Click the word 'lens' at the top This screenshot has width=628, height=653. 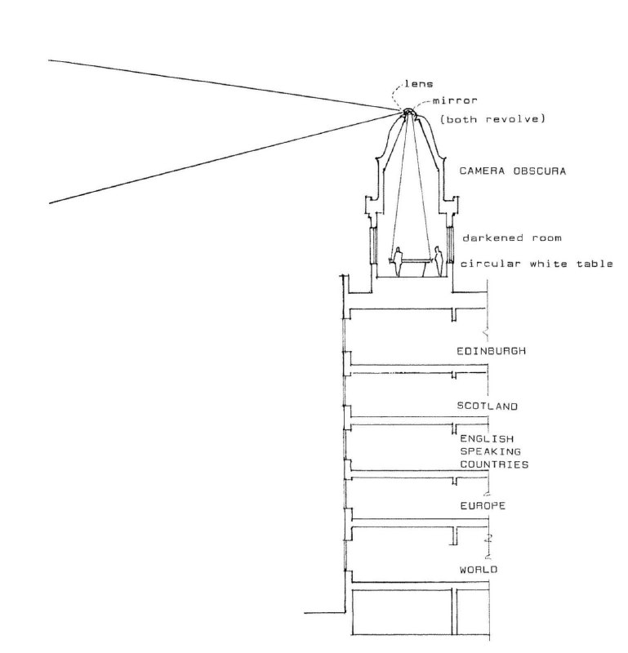[x=418, y=84]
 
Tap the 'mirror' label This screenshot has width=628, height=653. [x=455, y=100]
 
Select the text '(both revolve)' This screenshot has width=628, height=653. [x=492, y=119]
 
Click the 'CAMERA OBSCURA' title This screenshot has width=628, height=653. [x=513, y=171]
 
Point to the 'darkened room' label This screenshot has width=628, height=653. [x=512, y=238]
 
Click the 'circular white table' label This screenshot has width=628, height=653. [x=537, y=264]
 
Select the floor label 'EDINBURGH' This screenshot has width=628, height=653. [x=492, y=351]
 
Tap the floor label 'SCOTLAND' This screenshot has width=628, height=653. [x=488, y=406]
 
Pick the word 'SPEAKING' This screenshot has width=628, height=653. [x=491, y=451]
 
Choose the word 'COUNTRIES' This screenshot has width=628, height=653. [x=494, y=464]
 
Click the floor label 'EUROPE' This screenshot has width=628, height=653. [x=483, y=505]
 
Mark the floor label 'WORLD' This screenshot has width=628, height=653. [x=479, y=569]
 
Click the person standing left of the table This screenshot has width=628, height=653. [x=398, y=261]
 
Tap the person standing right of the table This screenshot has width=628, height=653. [x=438, y=261]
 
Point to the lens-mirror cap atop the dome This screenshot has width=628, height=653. [x=408, y=111]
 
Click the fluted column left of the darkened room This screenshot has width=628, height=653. [x=373, y=245]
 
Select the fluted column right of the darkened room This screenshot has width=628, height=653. [x=450, y=245]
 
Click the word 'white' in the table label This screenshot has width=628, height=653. [x=548, y=264]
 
